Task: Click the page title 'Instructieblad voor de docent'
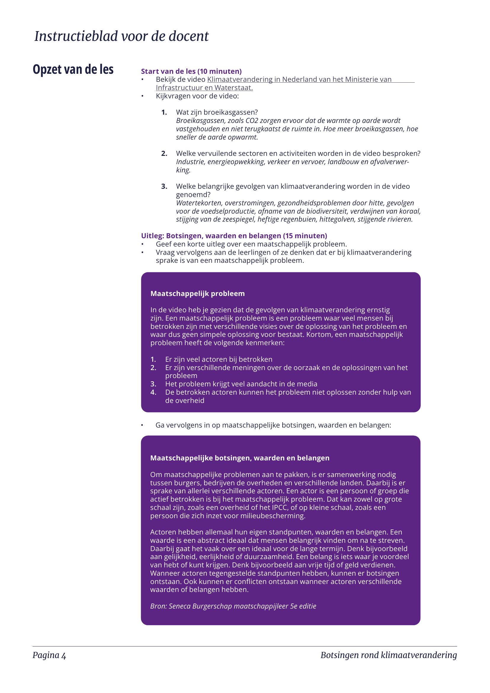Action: [121, 36]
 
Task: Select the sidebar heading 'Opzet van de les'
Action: [73, 69]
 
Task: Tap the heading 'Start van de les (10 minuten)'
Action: [191, 71]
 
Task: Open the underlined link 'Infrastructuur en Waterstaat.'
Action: [204, 88]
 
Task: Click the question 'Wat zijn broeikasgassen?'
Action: [217, 112]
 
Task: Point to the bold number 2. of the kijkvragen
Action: [164, 154]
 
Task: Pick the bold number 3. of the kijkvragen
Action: [164, 187]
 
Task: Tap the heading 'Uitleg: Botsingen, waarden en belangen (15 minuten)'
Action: [234, 236]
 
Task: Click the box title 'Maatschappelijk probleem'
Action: [198, 294]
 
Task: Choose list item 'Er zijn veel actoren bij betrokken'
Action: [219, 359]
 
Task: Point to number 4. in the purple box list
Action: [153, 392]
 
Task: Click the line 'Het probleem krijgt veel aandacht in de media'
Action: [241, 384]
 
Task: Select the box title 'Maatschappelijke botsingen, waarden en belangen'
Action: [240, 458]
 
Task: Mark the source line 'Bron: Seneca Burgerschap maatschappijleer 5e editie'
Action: [233, 606]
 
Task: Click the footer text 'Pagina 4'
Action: [49, 655]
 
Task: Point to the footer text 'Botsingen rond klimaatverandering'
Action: [389, 655]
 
